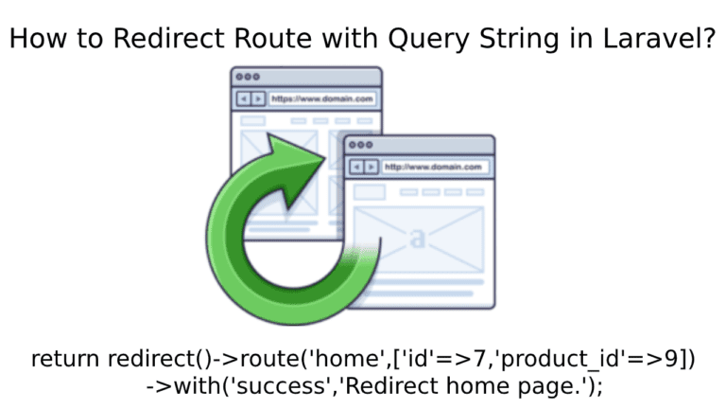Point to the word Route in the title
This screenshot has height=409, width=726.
(273, 38)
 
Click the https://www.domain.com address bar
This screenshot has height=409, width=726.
(321, 98)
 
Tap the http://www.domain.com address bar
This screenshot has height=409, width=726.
(434, 167)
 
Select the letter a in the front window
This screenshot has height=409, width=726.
(418, 238)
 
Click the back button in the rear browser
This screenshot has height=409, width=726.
(244, 98)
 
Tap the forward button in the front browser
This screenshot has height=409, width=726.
(372, 167)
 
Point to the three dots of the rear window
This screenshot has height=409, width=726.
(248, 77)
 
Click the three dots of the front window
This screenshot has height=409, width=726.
(361, 145)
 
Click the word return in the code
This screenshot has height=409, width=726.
(65, 359)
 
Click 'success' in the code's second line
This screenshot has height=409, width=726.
(282, 386)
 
